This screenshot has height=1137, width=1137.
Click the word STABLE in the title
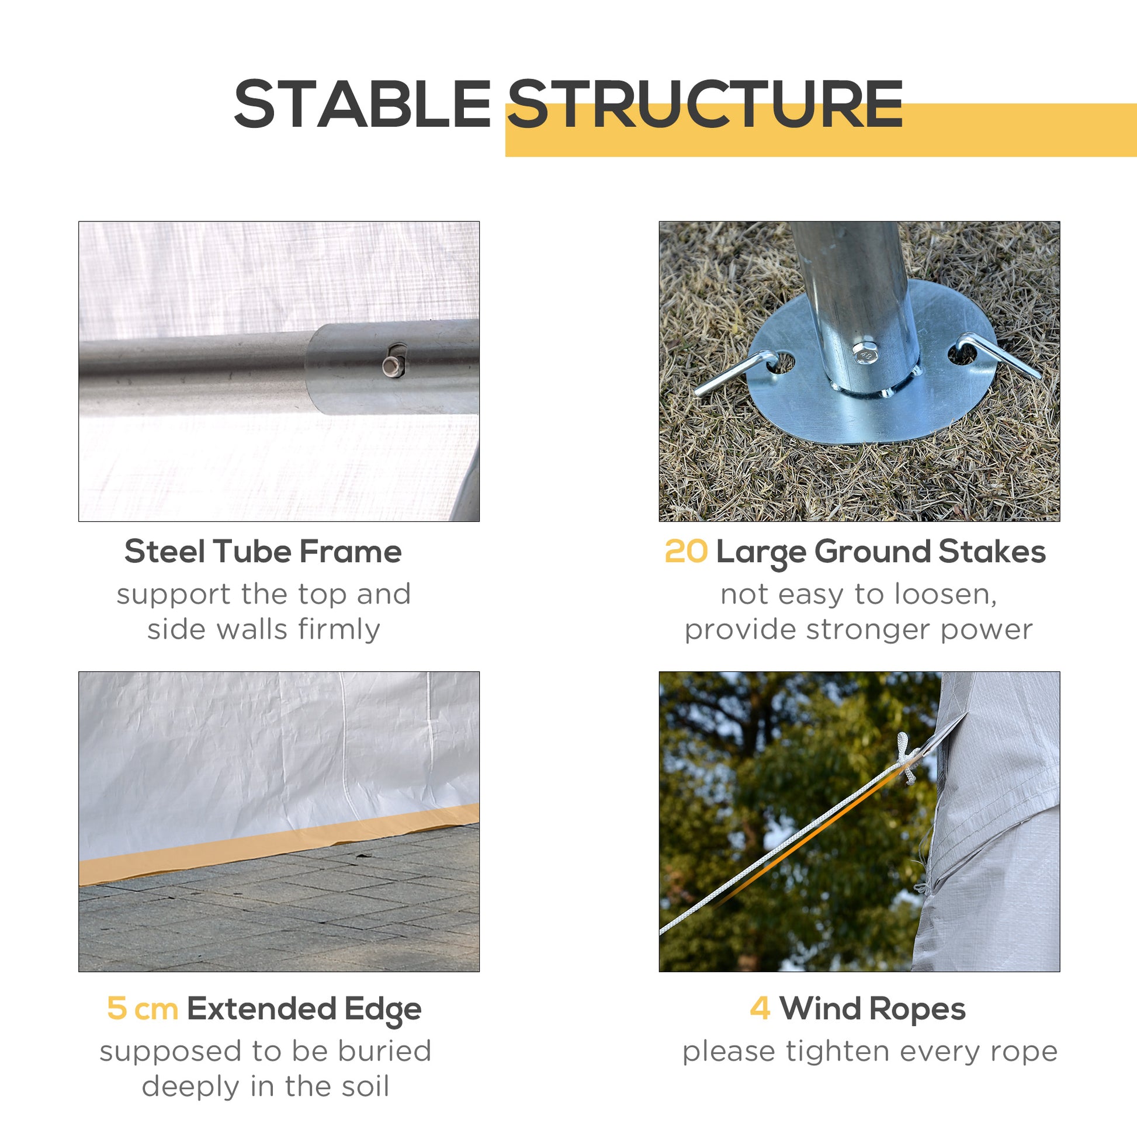pos(362,104)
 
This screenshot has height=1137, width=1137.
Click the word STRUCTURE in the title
pos(705,104)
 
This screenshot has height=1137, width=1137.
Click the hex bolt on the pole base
pos(865,353)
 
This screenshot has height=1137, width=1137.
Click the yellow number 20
pos(685,552)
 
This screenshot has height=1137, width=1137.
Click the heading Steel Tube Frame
pos(263,552)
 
